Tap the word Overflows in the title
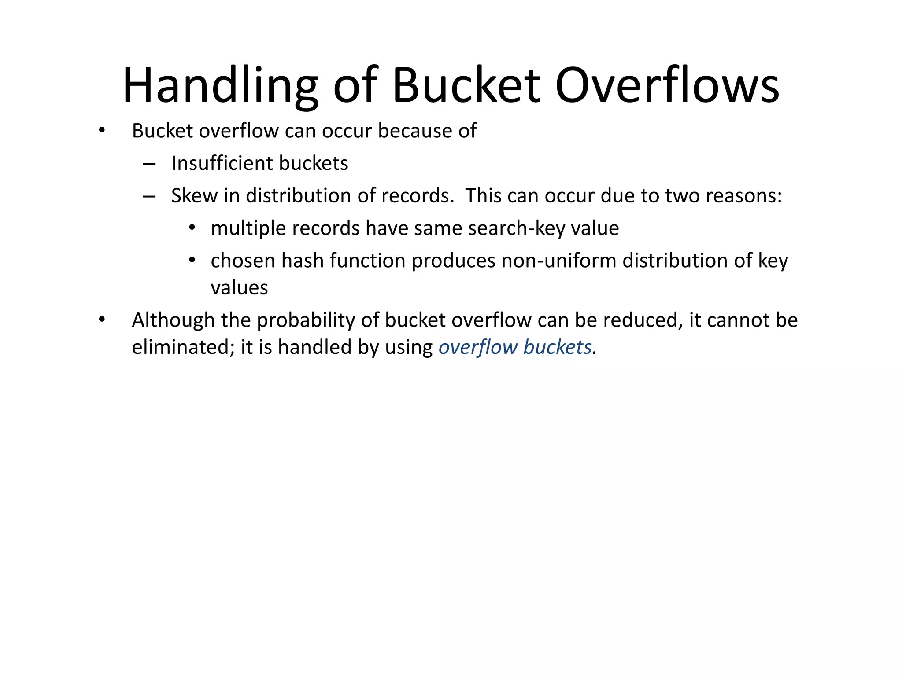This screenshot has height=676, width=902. tap(667, 86)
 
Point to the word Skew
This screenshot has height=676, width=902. tap(194, 196)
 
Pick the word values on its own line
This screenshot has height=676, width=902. tap(239, 288)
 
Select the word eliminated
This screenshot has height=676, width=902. tap(183, 347)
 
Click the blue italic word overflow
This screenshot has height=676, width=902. tap(478, 347)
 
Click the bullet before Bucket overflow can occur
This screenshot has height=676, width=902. tap(102, 131)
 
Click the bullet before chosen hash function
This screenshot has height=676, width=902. tap(192, 261)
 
